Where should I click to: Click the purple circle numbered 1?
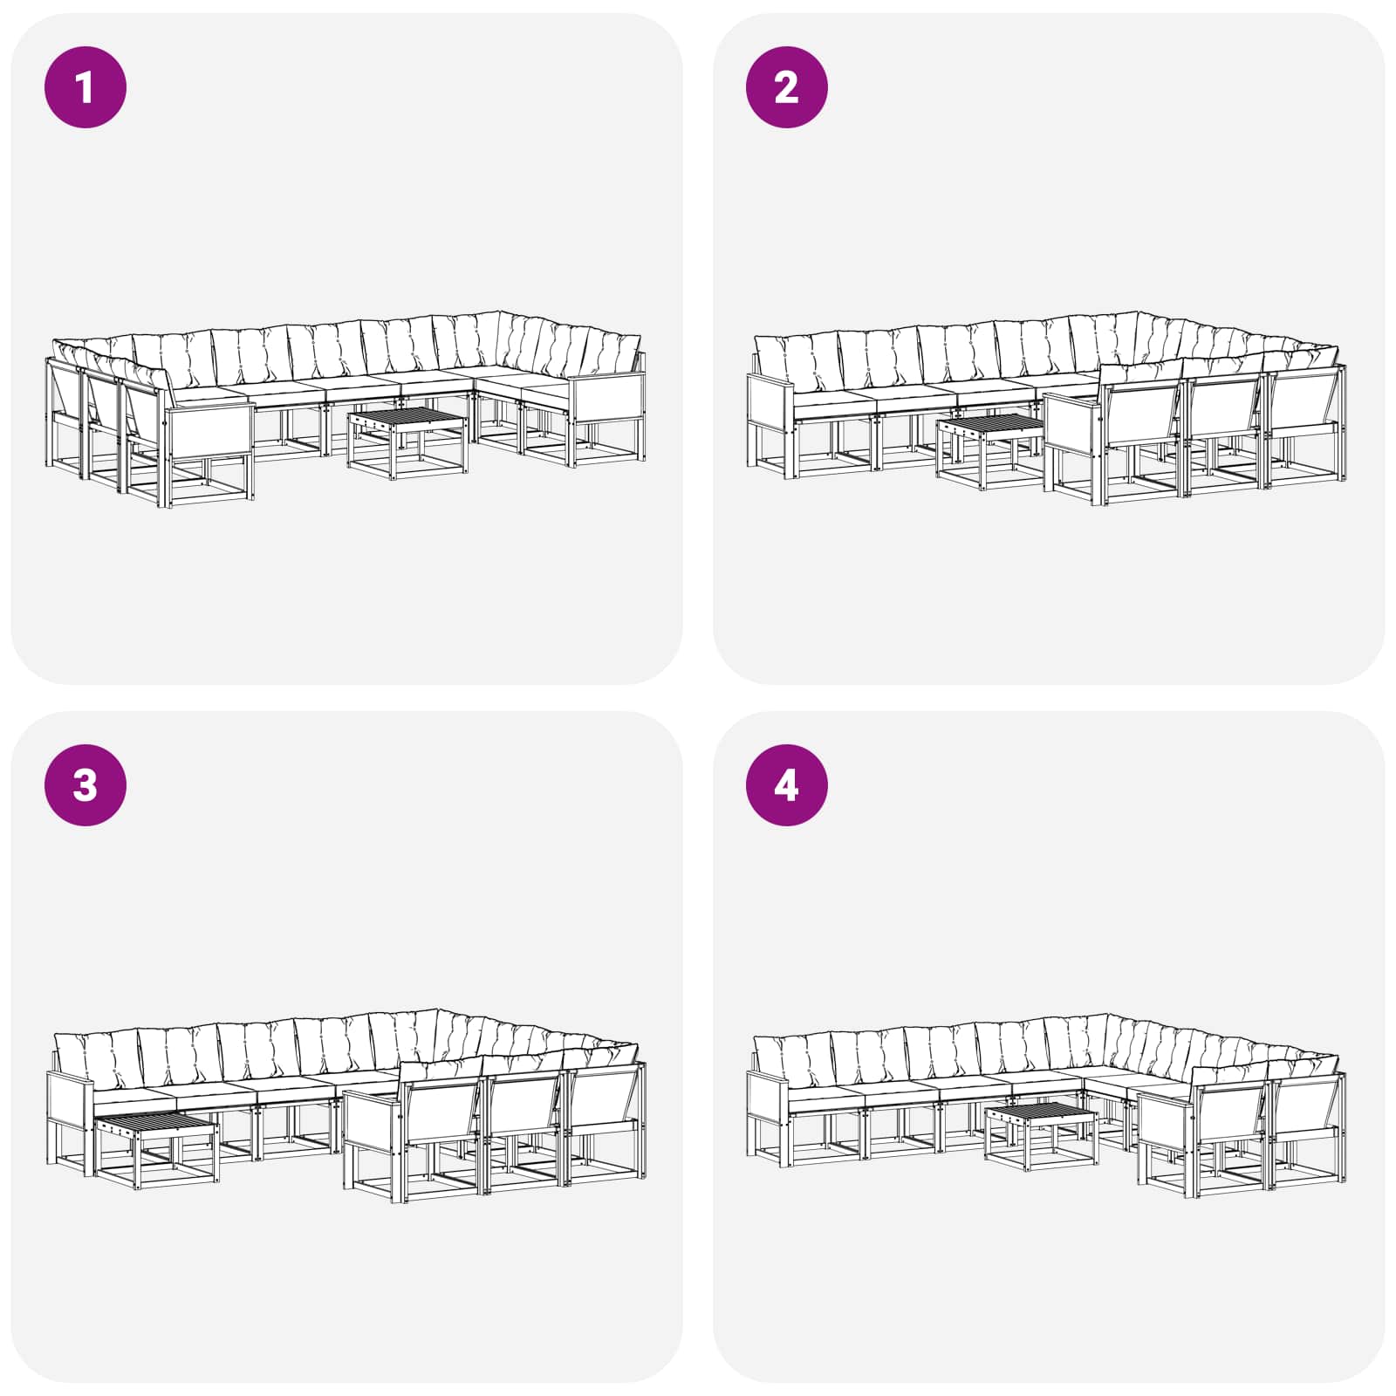point(86,87)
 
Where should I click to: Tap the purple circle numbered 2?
point(786,87)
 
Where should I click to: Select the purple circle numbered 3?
point(86,785)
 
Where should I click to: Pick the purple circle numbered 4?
point(786,785)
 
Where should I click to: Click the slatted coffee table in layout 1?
point(407,441)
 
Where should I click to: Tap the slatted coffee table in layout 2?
point(990,452)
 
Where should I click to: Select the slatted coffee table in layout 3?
point(156,1149)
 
